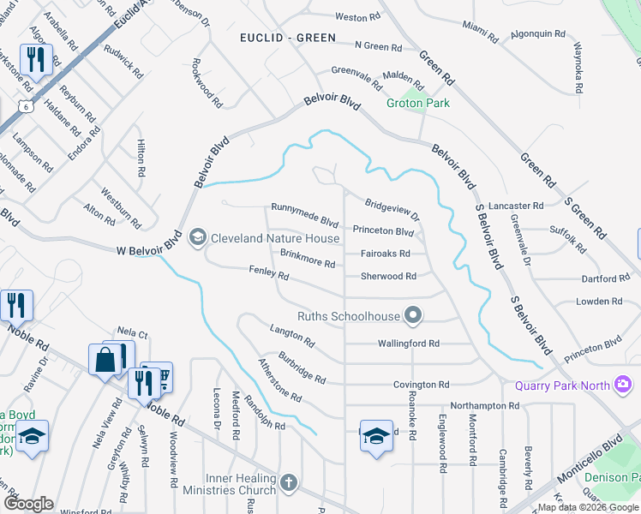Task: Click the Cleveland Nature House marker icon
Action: (x=198, y=237)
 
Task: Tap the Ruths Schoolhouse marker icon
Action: (x=413, y=316)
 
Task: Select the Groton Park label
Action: (x=417, y=104)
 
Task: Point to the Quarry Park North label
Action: (x=563, y=385)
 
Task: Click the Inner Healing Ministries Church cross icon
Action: (x=289, y=482)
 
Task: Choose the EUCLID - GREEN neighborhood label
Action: (x=288, y=39)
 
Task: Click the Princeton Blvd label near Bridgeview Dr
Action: (x=383, y=231)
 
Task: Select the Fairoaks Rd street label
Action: (x=385, y=254)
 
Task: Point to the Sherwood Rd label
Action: (x=387, y=277)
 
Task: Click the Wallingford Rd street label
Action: (x=408, y=344)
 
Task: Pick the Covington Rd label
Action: (x=421, y=385)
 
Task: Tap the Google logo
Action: (x=29, y=504)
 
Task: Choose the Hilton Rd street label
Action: (x=141, y=159)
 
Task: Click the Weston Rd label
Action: (x=357, y=17)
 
